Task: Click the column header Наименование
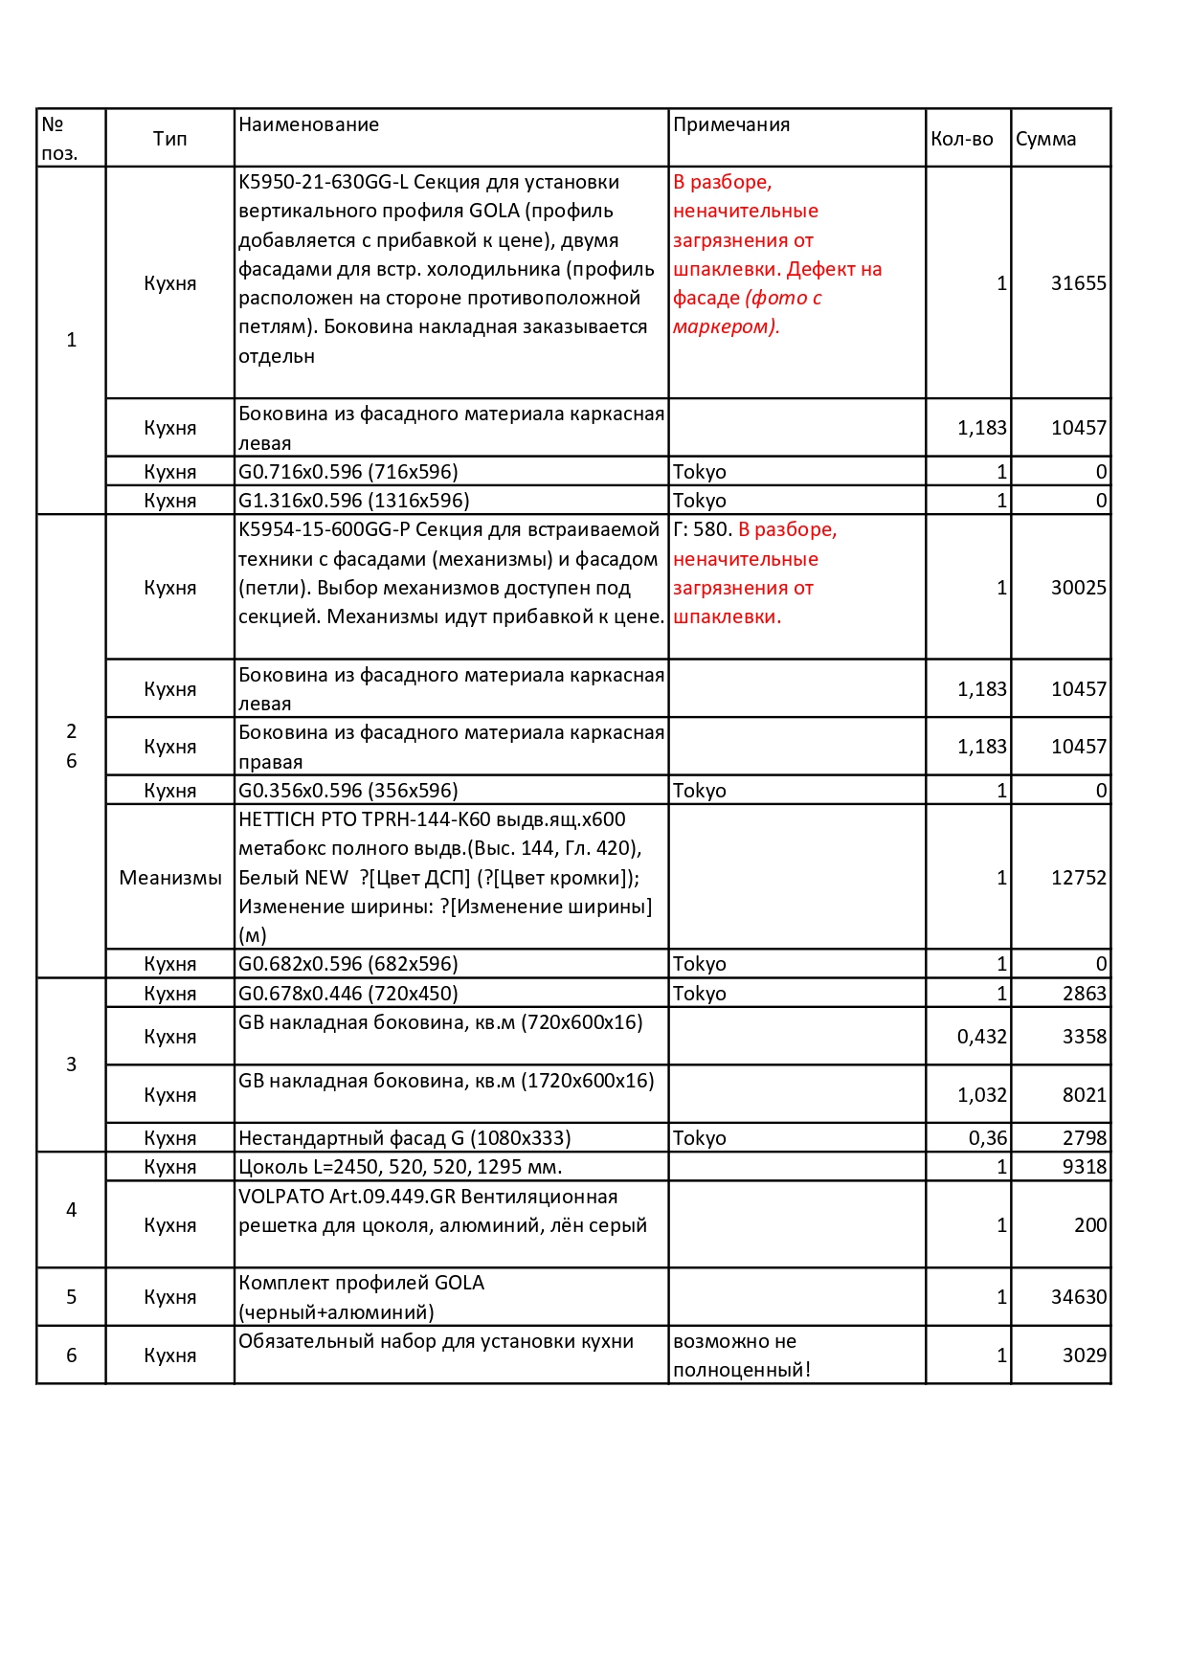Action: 308,124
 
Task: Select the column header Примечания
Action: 731,124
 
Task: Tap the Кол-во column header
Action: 961,139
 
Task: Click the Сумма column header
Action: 1045,139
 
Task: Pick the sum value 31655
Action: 1078,283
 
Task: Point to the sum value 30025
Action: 1078,588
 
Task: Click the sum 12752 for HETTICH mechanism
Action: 1078,878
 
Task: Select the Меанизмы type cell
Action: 170,878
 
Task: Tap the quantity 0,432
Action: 981,1037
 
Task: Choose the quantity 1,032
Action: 981,1095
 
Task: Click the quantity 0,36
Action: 987,1138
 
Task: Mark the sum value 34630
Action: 1078,1297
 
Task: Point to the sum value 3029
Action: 1084,1355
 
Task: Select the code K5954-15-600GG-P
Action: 325,529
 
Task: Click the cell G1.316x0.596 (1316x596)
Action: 353,501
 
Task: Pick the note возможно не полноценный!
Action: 741,1355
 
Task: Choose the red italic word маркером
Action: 724,327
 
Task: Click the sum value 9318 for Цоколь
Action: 1084,1167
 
